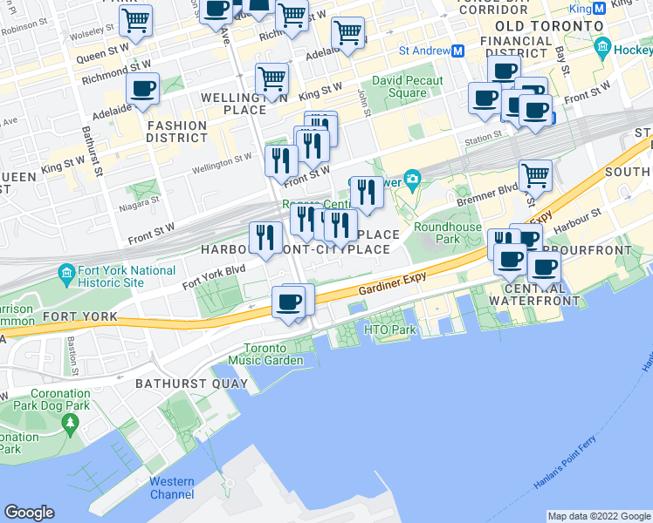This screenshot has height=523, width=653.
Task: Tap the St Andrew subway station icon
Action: pos(457,51)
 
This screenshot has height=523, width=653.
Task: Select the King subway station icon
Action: pos(600,9)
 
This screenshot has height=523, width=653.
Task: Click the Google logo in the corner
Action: pos(29,513)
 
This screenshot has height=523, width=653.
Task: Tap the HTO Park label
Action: pos(390,331)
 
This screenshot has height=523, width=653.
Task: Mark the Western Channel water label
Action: pos(172,488)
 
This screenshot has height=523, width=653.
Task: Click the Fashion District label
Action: pos(176,132)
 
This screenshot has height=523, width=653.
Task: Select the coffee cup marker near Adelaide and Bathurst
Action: pos(142,89)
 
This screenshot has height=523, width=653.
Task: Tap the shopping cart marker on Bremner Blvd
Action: pos(535,175)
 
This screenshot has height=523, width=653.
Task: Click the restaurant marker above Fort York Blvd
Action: pos(264,236)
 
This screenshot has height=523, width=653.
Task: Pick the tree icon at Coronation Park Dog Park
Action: pos(69,424)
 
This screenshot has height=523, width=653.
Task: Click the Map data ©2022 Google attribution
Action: pos(599,516)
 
